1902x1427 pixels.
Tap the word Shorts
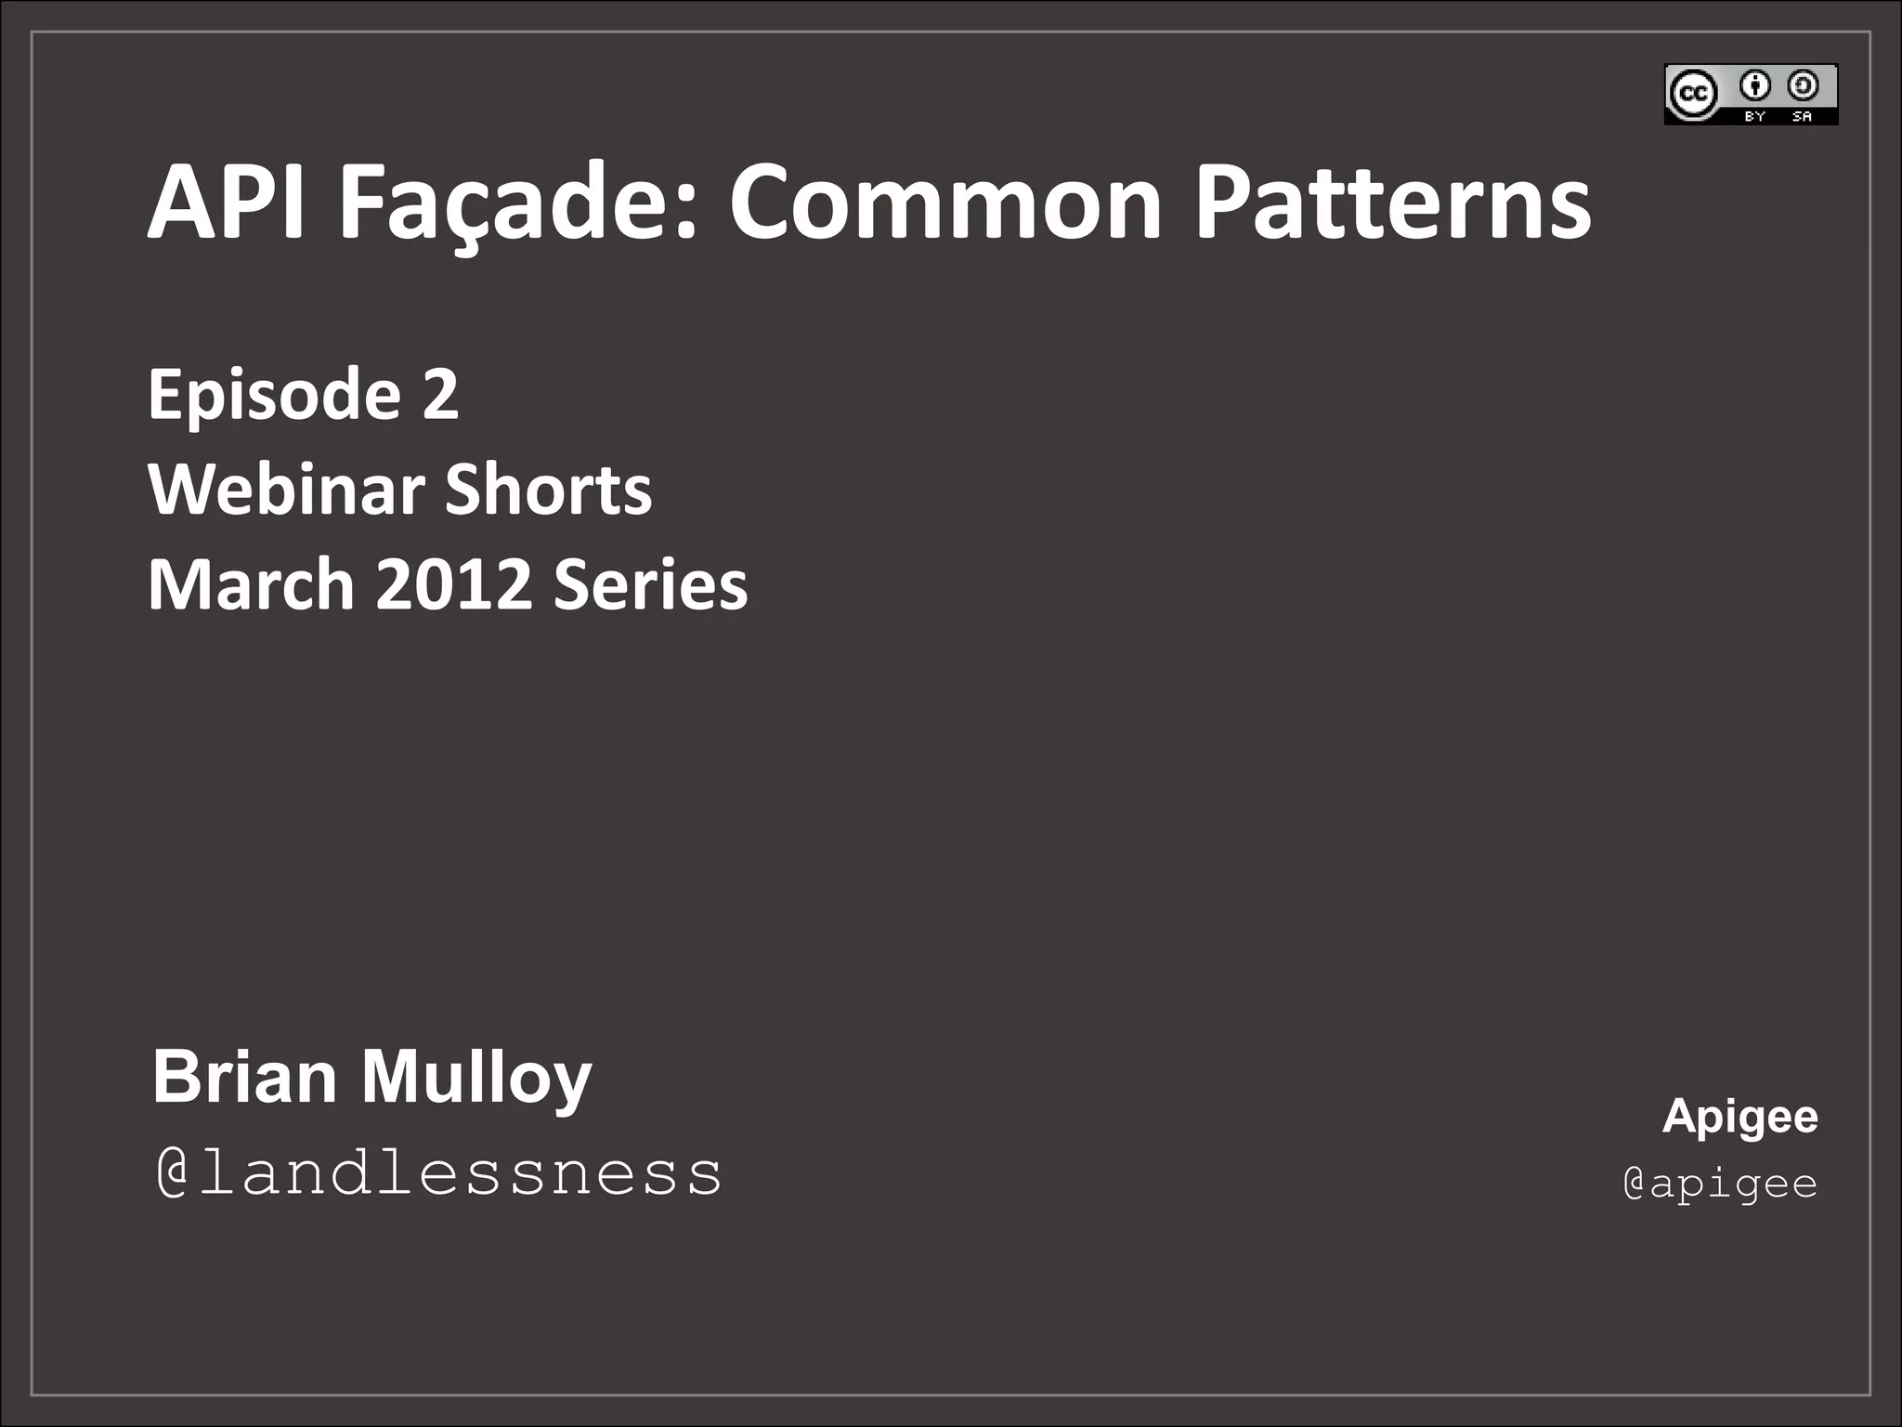tap(548, 490)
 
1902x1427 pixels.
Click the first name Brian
tap(244, 1077)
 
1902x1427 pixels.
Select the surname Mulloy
tap(475, 1079)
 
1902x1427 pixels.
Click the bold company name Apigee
tap(1739, 1117)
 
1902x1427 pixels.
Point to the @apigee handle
tap(1720, 1184)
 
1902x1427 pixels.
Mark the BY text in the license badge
tap(1754, 116)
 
